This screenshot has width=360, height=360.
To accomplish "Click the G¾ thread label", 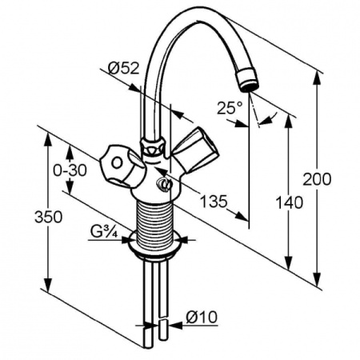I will point(106,233).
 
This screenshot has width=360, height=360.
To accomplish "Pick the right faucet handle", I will point(194,146).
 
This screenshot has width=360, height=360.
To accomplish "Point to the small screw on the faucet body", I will point(166,187).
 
